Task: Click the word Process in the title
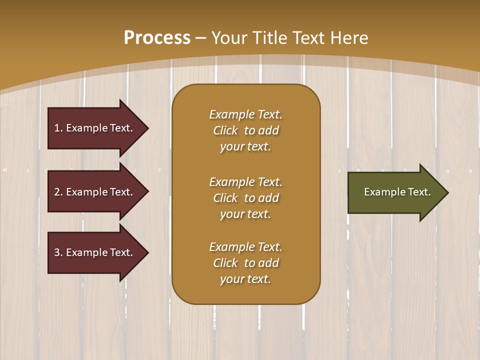[157, 38]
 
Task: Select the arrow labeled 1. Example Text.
[95, 128]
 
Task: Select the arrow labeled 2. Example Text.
[95, 192]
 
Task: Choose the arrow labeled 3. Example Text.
[95, 253]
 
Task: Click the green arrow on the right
[395, 192]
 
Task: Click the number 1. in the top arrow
[58, 128]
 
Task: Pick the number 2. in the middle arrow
[58, 192]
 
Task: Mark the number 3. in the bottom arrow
[58, 253]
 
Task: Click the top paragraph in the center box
[245, 130]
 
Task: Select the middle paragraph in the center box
[245, 198]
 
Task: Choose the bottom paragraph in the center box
[245, 263]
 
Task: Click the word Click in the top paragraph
[225, 130]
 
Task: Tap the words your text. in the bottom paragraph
[245, 279]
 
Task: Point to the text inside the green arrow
[397, 192]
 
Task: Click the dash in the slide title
[200, 38]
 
